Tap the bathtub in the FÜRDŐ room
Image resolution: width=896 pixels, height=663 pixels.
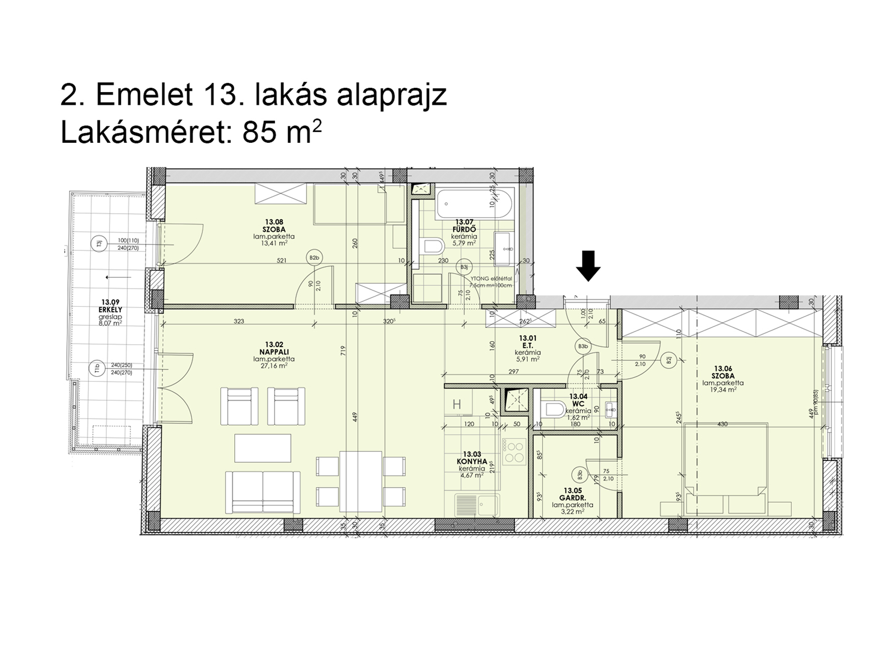[474, 204]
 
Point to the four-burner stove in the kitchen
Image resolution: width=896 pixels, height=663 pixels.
[513, 452]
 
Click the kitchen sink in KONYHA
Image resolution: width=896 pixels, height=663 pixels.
[477, 506]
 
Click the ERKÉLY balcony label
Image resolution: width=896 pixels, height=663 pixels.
[111, 309]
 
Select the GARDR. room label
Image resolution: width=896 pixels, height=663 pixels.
[573, 497]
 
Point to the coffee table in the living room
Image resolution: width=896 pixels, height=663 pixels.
[263, 448]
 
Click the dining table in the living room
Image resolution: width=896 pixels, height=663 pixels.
[361, 481]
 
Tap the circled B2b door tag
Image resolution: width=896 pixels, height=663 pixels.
[314, 258]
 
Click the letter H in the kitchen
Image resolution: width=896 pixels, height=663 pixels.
[457, 405]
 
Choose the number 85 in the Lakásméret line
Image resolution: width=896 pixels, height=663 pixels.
[258, 133]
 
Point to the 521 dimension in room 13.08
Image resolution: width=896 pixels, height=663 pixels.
[281, 261]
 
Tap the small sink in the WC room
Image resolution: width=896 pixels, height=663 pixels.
[611, 409]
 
